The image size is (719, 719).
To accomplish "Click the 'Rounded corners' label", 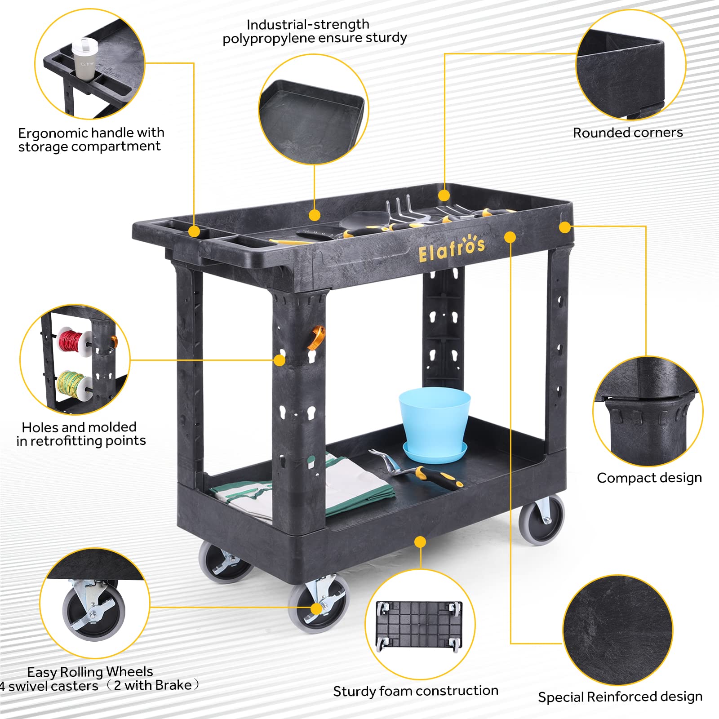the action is coord(628,133).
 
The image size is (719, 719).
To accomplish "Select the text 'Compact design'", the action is coord(649,478).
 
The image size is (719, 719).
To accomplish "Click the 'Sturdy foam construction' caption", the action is coord(416,691).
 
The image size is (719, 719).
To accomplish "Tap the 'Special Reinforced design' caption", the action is coord(620,697).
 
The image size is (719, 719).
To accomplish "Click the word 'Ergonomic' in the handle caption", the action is coord(53,133).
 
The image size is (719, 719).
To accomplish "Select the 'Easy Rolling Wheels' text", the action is coord(90,672).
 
